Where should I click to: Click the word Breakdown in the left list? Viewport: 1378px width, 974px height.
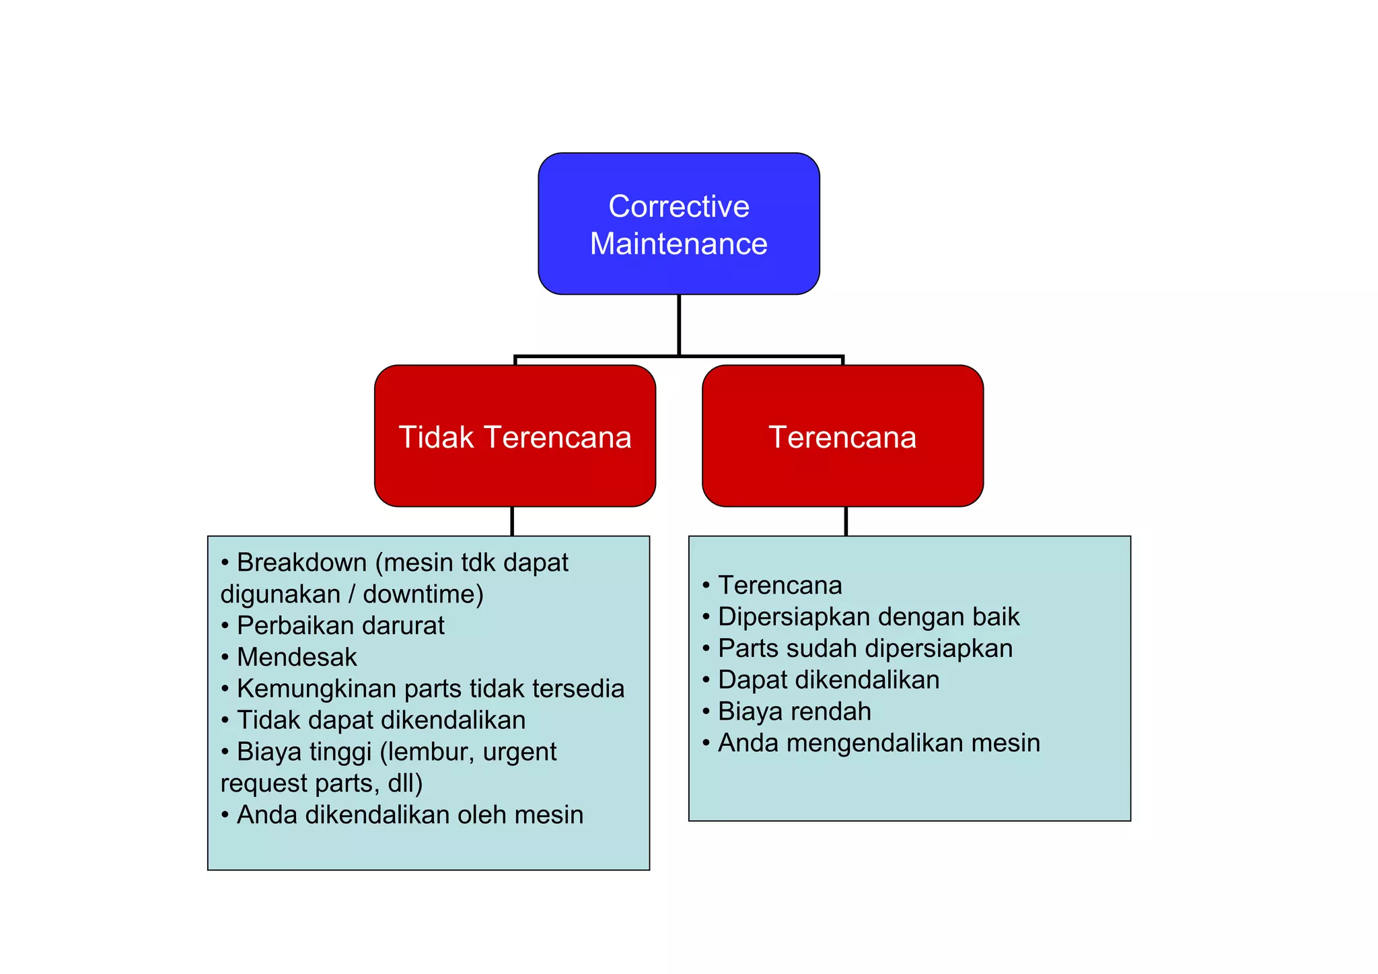coord(301,563)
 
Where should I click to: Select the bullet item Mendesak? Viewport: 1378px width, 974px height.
coord(297,658)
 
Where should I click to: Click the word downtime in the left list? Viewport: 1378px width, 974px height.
coord(419,594)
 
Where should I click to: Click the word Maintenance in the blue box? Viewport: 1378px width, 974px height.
coord(678,244)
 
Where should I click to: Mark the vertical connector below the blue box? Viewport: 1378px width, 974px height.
coord(679,324)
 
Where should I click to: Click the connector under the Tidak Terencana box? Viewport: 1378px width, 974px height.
coord(512,521)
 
